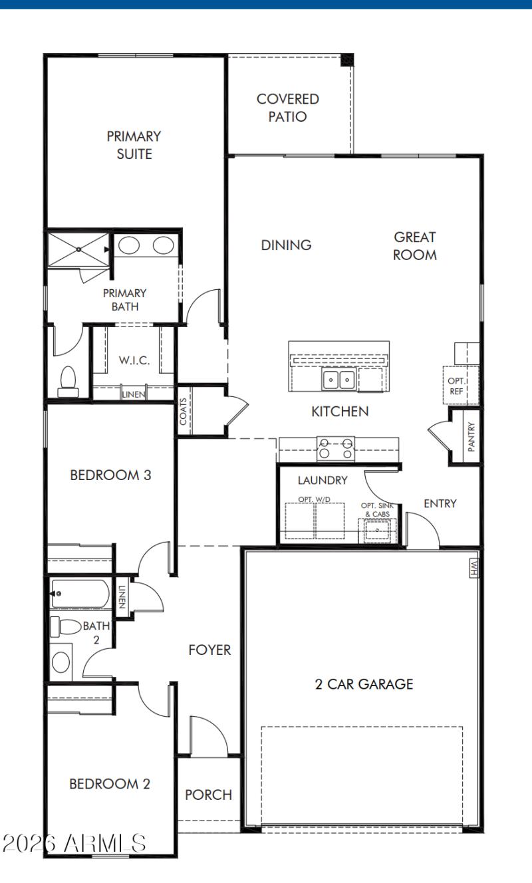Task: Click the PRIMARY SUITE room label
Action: (134, 145)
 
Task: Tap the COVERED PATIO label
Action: (288, 108)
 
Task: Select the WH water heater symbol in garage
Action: (473, 567)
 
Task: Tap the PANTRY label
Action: (471, 437)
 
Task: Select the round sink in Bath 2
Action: (61, 662)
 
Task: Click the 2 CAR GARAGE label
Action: (364, 684)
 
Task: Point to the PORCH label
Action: (208, 795)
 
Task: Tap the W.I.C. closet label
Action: (134, 360)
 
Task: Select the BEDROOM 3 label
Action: (111, 475)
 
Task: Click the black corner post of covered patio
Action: (347, 60)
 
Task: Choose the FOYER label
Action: (209, 650)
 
